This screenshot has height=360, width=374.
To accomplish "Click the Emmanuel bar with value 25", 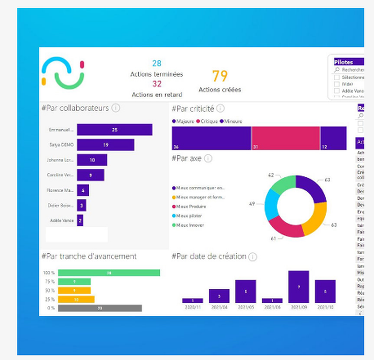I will click(114, 129).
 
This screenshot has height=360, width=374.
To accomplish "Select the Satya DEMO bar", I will click(105, 145).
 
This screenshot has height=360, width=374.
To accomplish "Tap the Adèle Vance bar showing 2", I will click(80, 220).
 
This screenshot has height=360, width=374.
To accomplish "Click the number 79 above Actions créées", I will click(220, 76).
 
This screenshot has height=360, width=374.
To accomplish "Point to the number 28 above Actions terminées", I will click(157, 63).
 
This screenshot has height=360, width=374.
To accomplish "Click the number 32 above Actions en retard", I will click(157, 84).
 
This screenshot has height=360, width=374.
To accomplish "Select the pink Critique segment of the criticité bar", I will click(286, 138).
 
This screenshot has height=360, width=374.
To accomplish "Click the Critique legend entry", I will click(208, 121).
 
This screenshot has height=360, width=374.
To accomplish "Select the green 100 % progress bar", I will click(109, 273).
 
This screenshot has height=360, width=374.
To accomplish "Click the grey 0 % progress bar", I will click(100, 308).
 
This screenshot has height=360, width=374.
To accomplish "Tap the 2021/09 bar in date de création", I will click(298, 287).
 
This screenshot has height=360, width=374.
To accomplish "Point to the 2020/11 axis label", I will click(192, 307).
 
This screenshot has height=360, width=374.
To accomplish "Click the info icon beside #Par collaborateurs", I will click(116, 108).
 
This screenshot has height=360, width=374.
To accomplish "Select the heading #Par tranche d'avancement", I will click(89, 256).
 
